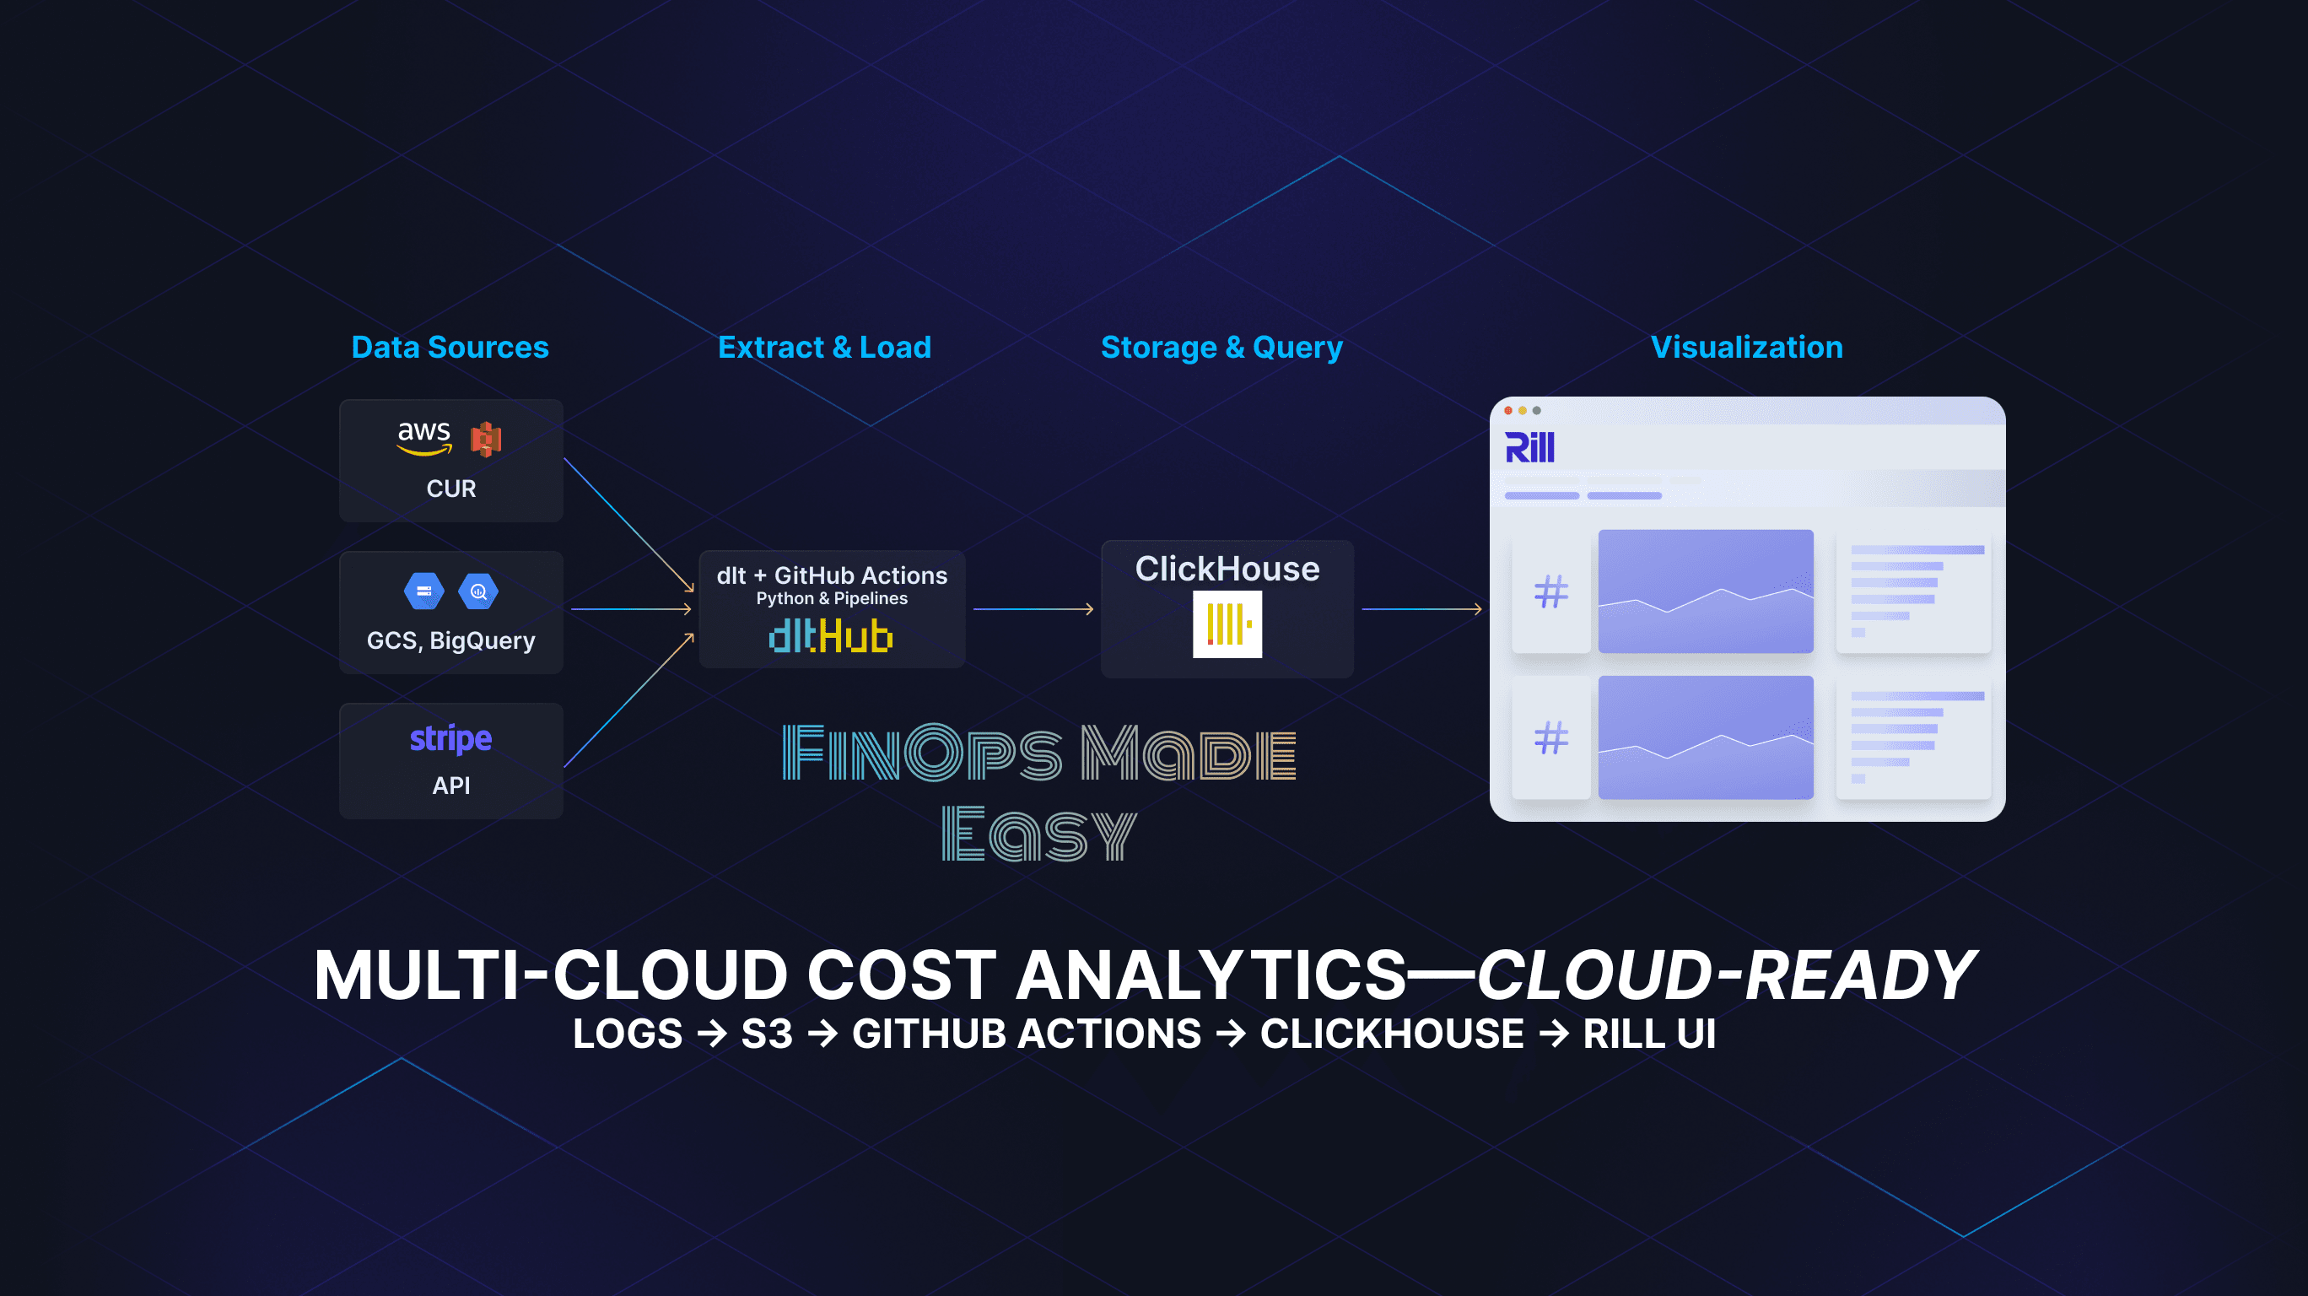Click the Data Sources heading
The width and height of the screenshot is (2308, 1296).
(x=450, y=347)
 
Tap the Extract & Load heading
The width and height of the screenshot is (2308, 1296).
(x=824, y=347)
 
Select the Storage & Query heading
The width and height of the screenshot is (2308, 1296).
(x=1221, y=348)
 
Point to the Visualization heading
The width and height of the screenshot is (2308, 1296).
(x=1746, y=347)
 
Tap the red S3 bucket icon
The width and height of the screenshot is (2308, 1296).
(x=486, y=439)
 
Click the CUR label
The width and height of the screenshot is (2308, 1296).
(x=450, y=489)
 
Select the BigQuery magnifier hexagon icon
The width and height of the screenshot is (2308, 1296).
(x=478, y=591)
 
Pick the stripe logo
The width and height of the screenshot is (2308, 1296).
(x=450, y=738)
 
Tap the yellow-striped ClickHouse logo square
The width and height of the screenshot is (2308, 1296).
(x=1227, y=624)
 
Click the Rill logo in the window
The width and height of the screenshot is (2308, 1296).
(x=1529, y=447)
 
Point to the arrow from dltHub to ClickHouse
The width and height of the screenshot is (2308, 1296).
(x=1033, y=609)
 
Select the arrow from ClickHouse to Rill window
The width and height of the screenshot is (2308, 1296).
(x=1422, y=609)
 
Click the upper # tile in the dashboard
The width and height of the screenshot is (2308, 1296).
(x=1551, y=591)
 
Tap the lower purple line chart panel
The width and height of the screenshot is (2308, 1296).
(x=1706, y=737)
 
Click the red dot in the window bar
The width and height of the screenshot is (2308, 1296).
(x=1509, y=411)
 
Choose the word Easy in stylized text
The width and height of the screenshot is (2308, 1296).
(x=1039, y=834)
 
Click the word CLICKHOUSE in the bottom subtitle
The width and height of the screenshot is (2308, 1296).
(x=1391, y=1034)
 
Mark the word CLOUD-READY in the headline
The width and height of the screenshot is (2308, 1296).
(x=1726, y=975)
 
